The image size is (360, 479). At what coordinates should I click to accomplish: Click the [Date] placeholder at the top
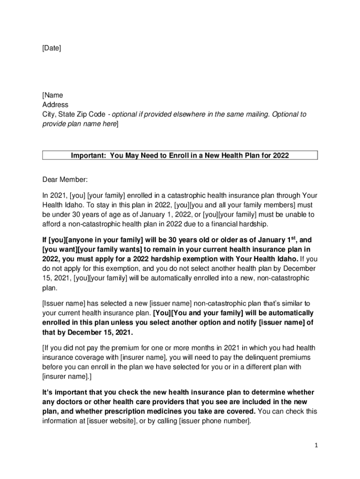pos(51,48)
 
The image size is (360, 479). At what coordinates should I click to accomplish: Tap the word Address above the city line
pos(55,105)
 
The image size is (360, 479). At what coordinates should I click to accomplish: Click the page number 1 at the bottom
pos(316,446)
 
